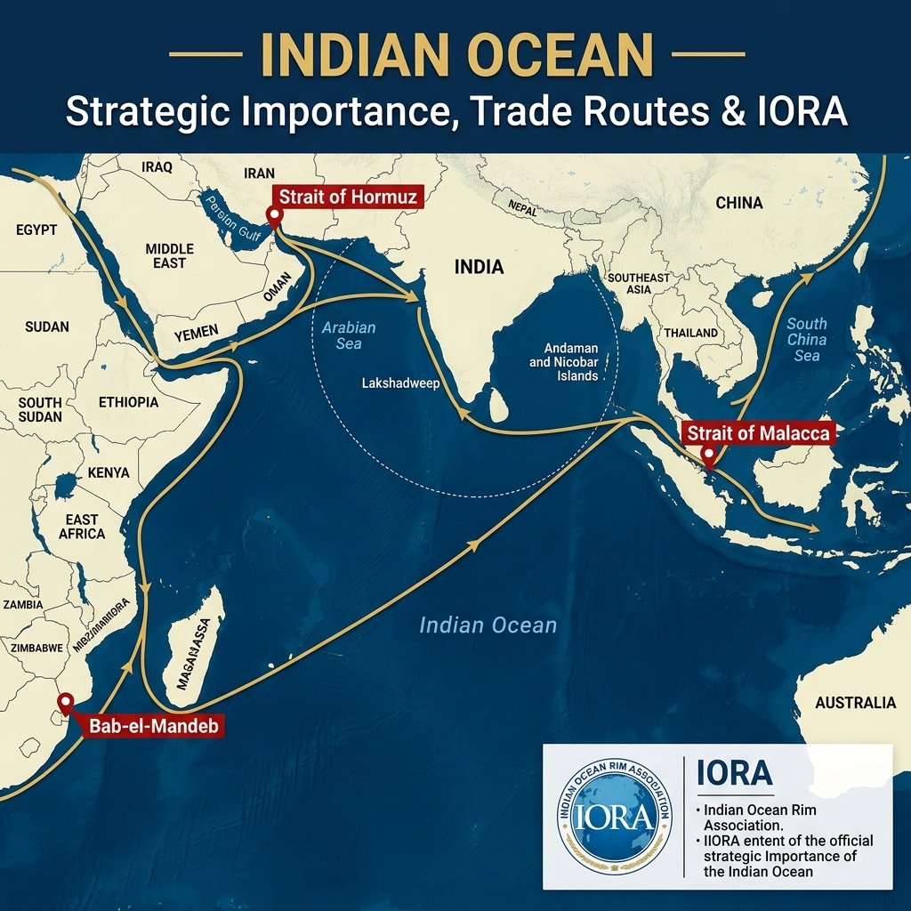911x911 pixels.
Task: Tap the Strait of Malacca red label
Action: [758, 434]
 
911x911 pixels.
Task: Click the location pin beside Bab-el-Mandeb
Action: [64, 703]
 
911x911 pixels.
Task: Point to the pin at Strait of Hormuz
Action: [274, 215]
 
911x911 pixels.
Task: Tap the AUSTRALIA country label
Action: [855, 703]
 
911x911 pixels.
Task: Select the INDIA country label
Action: [479, 267]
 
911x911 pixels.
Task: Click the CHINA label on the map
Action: [738, 203]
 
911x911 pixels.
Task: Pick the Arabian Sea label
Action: [349, 335]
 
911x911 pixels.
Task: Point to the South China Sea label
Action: [807, 340]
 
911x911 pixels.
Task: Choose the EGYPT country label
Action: [36, 230]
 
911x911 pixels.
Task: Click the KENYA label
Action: [109, 472]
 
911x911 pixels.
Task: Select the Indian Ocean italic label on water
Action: [488, 625]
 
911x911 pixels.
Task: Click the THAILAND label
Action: [690, 333]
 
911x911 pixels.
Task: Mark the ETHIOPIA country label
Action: [128, 402]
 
